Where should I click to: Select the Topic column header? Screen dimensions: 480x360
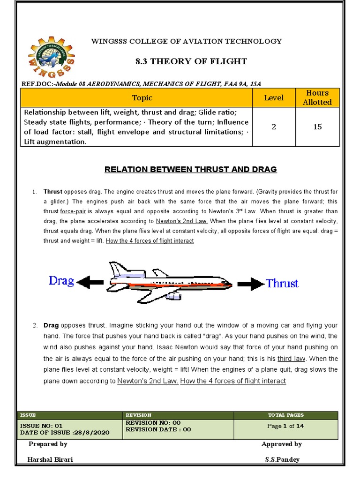(x=142, y=97)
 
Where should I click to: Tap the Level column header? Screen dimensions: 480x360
(x=274, y=97)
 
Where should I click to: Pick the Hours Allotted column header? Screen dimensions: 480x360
(x=317, y=97)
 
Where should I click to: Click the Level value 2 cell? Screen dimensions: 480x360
(x=274, y=127)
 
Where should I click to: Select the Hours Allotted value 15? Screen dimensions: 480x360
(x=317, y=127)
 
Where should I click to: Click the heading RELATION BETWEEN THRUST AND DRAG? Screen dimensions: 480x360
(x=190, y=169)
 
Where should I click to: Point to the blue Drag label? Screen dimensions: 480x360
(x=61, y=281)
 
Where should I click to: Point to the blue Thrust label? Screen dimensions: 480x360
(x=282, y=283)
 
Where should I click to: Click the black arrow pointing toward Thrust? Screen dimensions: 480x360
(x=251, y=284)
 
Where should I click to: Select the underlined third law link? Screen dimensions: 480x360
(x=292, y=359)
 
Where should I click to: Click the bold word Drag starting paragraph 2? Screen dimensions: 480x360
(x=51, y=325)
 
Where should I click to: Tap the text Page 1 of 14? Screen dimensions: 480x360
(x=285, y=426)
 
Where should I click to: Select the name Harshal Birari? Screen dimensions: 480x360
(x=50, y=460)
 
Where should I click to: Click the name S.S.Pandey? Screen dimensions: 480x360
(x=282, y=460)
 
